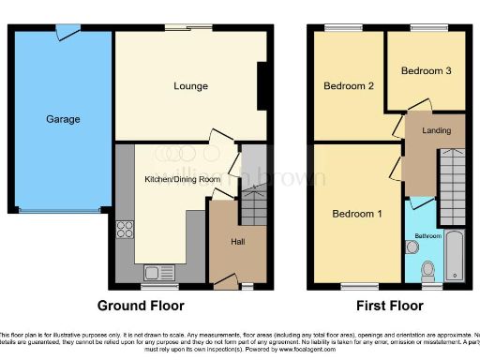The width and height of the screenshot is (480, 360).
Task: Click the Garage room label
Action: click(x=64, y=119)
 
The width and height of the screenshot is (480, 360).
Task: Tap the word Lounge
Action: click(x=190, y=86)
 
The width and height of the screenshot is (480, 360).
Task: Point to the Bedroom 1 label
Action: click(x=357, y=214)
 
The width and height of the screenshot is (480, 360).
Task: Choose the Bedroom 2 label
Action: click(x=349, y=86)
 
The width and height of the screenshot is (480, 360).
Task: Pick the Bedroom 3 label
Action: click(x=427, y=70)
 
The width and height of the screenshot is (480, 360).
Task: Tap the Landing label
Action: click(x=436, y=130)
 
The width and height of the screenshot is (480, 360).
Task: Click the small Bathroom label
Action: click(x=429, y=235)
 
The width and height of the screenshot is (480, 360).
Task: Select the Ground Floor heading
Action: click(x=141, y=306)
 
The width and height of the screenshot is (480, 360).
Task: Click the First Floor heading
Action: click(x=388, y=306)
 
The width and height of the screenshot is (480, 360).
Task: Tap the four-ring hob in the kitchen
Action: click(x=124, y=231)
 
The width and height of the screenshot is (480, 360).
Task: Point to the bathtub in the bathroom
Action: click(x=455, y=255)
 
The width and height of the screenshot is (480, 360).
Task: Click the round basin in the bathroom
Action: click(x=412, y=247)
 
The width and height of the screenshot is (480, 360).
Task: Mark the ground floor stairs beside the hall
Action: click(x=253, y=202)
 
